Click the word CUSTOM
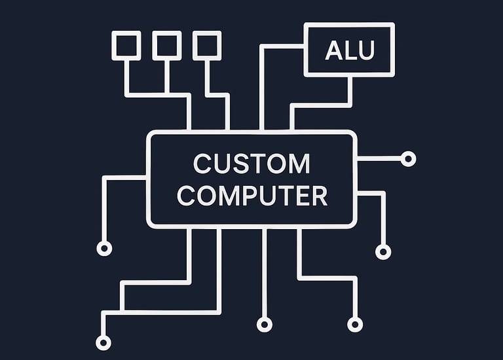tap(251, 164)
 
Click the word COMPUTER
tap(251, 196)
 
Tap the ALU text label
tap(349, 50)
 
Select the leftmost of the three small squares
tap(126, 45)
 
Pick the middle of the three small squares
tap(167, 45)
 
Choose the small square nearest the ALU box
tap(207, 45)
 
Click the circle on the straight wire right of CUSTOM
tap(408, 158)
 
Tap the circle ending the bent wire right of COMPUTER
tap(383, 251)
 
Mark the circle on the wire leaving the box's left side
tap(104, 248)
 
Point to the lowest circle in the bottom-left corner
tap(103, 342)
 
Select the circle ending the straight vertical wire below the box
tap(264, 324)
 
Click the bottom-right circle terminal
tap(354, 324)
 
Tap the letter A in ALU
tap(333, 50)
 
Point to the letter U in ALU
tap(365, 50)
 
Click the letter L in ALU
tap(350, 50)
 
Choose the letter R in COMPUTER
tap(319, 196)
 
